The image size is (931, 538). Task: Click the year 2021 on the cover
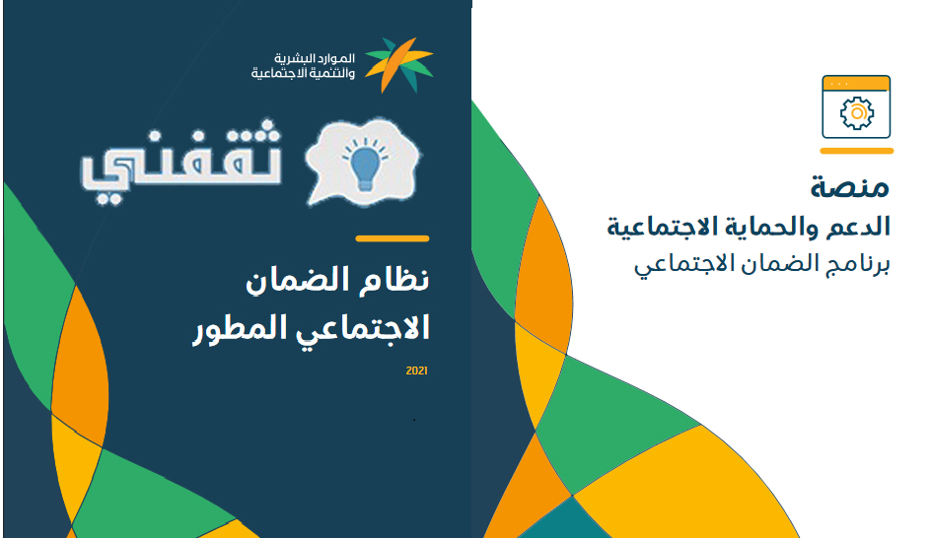pos(417,370)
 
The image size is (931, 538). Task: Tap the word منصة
pos(850,187)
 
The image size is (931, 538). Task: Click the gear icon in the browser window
pos(857,112)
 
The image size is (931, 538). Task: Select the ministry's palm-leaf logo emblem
pos(399,64)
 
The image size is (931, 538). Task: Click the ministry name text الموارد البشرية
pos(314,58)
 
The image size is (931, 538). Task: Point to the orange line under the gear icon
pos(857,151)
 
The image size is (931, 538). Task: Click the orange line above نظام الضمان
pos(393,238)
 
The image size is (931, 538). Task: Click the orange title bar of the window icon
pos(856,84)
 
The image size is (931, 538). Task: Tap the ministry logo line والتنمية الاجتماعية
pos(303,73)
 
